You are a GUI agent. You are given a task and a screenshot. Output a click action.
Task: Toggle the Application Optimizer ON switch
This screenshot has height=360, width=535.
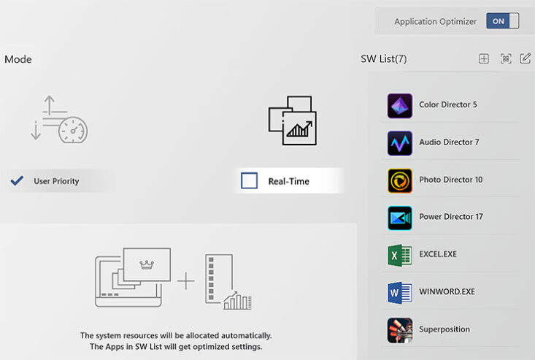click(x=503, y=21)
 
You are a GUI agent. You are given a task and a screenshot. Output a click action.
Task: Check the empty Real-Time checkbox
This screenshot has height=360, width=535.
click(x=249, y=180)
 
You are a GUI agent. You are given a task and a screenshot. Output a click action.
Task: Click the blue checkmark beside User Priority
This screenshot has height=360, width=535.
click(x=17, y=180)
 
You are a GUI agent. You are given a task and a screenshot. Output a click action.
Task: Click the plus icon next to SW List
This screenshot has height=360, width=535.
click(x=484, y=58)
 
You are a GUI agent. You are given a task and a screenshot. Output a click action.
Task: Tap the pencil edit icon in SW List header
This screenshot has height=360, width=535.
click(x=525, y=58)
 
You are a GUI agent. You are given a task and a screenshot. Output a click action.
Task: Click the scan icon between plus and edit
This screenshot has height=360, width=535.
click(x=506, y=58)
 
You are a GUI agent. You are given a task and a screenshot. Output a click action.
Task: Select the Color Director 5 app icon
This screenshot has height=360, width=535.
click(x=399, y=106)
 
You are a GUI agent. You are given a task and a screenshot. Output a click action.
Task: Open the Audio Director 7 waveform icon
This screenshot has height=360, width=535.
click(x=399, y=143)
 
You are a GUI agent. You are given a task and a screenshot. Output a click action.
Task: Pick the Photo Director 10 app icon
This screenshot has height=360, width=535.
click(x=399, y=180)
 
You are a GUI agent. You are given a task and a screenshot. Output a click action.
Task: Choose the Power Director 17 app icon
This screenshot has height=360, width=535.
click(x=399, y=218)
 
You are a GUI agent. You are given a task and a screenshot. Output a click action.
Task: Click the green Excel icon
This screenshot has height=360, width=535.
click(x=399, y=256)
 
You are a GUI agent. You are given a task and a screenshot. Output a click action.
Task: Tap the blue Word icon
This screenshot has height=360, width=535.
click(x=399, y=293)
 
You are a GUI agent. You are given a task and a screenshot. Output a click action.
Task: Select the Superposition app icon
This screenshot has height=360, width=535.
click(x=399, y=330)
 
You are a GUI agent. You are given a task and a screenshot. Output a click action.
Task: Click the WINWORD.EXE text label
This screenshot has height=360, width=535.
click(x=447, y=292)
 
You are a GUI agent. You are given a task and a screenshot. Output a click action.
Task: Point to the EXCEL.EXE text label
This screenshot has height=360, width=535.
click(x=438, y=254)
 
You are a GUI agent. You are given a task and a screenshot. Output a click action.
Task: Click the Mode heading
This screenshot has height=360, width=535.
click(x=18, y=59)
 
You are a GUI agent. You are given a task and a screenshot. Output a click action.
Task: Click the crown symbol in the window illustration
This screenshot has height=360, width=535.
click(x=147, y=264)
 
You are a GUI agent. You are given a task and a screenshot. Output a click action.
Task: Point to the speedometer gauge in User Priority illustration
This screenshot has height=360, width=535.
click(x=73, y=130)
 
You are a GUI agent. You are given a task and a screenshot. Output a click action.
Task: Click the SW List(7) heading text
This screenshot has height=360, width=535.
click(x=383, y=58)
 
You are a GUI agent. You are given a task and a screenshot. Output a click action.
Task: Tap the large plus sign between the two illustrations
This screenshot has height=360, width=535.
click(x=186, y=281)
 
